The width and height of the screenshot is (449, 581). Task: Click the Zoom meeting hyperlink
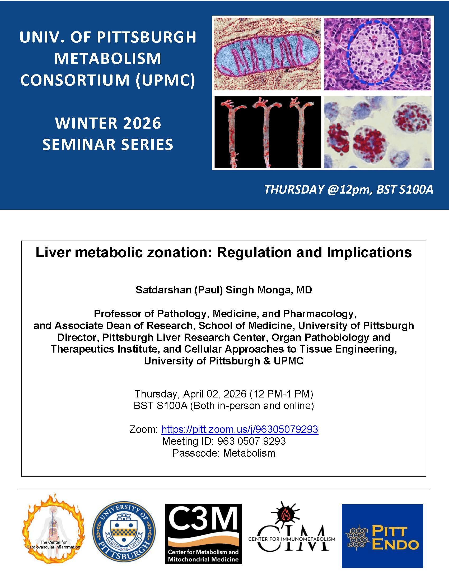240,429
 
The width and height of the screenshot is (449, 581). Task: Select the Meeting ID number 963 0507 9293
252,441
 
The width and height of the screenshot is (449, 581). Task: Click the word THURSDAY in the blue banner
294,190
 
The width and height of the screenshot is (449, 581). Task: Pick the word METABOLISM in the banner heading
108,58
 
